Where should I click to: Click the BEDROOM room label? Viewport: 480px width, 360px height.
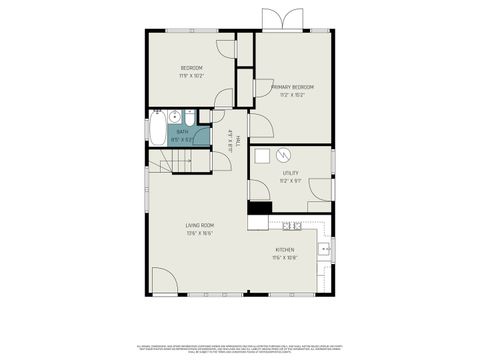192,68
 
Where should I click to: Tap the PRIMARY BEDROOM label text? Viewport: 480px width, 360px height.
292,87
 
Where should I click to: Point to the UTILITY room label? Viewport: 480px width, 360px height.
290,173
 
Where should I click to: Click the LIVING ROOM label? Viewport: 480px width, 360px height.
199,226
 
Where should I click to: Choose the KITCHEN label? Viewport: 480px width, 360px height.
285,250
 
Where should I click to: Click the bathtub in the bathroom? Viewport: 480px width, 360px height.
158,128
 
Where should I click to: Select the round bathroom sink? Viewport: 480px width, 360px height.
174,115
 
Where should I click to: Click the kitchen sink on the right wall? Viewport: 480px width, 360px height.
325,249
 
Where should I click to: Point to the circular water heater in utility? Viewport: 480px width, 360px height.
283,156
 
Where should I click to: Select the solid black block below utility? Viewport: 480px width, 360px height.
259,209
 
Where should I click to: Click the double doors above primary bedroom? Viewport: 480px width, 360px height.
280,20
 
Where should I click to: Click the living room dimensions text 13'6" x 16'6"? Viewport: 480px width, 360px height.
199,234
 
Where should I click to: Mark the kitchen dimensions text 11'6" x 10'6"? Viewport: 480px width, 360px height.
285,258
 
